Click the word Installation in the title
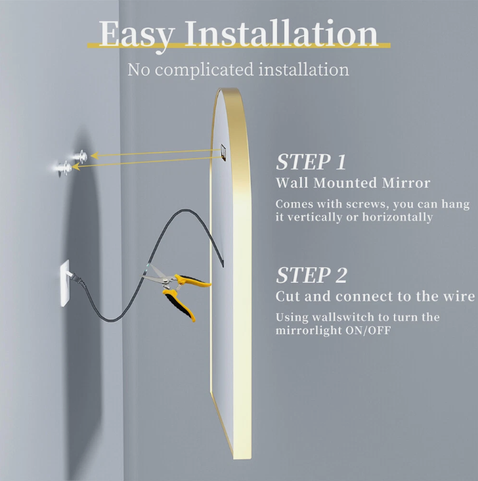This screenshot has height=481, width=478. point(283,33)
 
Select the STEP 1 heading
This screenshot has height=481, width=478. point(311,162)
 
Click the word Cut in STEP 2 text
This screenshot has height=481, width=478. point(287,296)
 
